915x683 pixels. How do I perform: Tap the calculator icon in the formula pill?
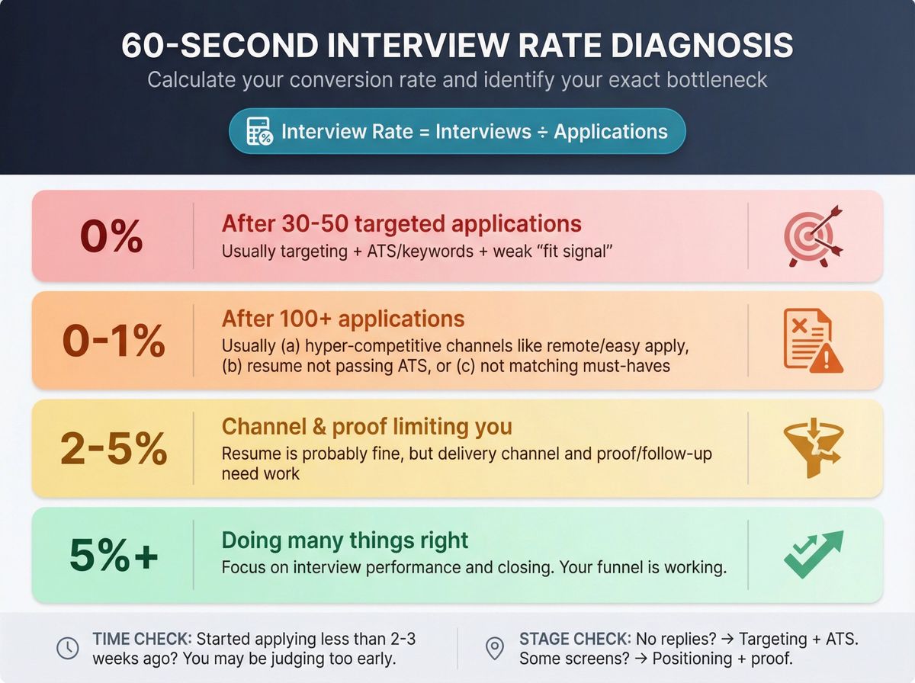coord(259,132)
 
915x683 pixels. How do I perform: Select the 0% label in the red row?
coord(111,236)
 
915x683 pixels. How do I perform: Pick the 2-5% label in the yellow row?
coord(113,449)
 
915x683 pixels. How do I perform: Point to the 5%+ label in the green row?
coord(114,556)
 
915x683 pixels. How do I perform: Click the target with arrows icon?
coord(813,236)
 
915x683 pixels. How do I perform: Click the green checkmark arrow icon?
coord(813,554)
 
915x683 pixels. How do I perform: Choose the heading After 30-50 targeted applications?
coord(401,224)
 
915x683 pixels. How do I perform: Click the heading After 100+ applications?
coord(343,319)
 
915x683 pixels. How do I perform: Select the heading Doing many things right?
coord(345,540)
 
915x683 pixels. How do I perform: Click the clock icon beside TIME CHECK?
coord(68,649)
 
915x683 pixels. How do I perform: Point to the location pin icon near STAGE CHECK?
coord(495,649)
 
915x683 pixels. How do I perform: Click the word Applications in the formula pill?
coord(610,132)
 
